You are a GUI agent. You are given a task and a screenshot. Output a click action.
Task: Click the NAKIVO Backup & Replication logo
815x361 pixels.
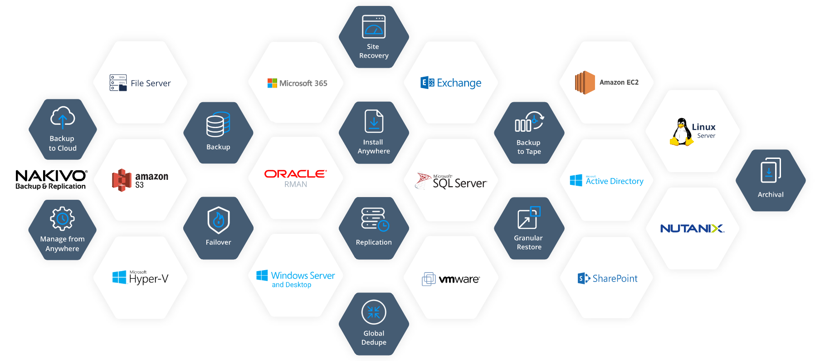(51, 179)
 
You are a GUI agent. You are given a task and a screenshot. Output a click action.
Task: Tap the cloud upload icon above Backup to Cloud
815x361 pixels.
(63, 117)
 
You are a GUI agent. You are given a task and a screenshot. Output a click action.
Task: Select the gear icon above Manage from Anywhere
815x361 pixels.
(62, 219)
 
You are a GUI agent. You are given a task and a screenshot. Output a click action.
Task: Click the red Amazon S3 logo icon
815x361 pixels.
(122, 180)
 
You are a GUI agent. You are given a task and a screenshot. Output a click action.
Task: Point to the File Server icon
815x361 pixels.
(118, 83)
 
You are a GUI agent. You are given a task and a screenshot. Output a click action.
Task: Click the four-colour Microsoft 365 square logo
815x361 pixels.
(272, 83)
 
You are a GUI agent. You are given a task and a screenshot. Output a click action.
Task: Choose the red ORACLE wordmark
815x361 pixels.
(295, 174)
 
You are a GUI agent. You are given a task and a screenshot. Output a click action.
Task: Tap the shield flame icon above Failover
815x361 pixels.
(219, 220)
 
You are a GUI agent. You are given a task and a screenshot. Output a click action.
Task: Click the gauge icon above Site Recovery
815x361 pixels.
(374, 27)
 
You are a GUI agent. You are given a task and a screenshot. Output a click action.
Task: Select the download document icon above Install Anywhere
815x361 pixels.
(374, 122)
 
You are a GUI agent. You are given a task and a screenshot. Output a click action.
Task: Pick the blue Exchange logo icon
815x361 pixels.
(427, 83)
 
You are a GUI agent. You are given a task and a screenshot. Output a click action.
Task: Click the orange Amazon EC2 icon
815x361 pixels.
(585, 83)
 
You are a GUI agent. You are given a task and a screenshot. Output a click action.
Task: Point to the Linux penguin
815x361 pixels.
(681, 132)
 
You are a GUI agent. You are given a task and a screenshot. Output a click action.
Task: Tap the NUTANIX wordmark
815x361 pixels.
(692, 228)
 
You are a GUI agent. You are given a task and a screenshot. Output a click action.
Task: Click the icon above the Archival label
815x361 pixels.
(771, 171)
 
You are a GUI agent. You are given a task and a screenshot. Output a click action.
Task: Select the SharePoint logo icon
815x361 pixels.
(584, 278)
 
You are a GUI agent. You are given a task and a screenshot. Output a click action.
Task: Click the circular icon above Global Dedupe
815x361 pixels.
(374, 312)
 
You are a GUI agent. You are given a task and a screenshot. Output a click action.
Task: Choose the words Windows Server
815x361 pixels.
(303, 276)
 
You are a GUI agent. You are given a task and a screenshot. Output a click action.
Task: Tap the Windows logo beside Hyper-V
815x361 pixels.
(119, 277)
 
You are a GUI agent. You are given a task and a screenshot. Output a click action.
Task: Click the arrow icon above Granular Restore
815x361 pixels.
(529, 218)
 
